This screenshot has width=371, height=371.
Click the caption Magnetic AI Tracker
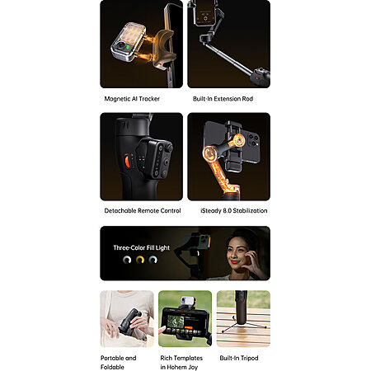[x=132, y=99]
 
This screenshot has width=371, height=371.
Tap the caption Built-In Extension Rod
[x=223, y=99]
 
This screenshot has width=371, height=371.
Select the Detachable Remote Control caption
[x=143, y=211]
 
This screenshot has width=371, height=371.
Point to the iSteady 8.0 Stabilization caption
[x=234, y=211]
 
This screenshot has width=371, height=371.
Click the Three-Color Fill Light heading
[x=142, y=248]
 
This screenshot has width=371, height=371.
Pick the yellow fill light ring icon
[x=140, y=260]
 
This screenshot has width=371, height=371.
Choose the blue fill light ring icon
[x=153, y=260]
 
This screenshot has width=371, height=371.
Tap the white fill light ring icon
[x=127, y=260]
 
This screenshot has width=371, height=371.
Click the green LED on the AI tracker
[x=128, y=48]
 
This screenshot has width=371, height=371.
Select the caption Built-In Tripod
[x=239, y=358]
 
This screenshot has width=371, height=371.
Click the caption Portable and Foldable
[x=119, y=363]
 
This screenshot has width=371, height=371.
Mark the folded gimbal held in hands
[x=130, y=322]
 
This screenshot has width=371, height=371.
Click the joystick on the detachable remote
[x=168, y=148]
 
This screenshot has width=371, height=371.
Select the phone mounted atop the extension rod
[x=204, y=12]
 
